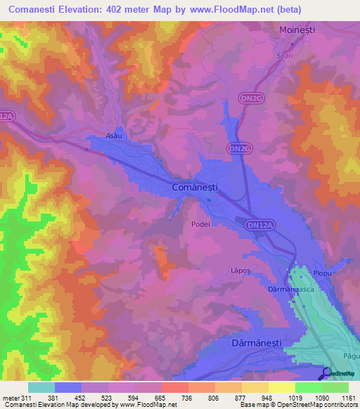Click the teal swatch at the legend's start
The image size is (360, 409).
41,387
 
